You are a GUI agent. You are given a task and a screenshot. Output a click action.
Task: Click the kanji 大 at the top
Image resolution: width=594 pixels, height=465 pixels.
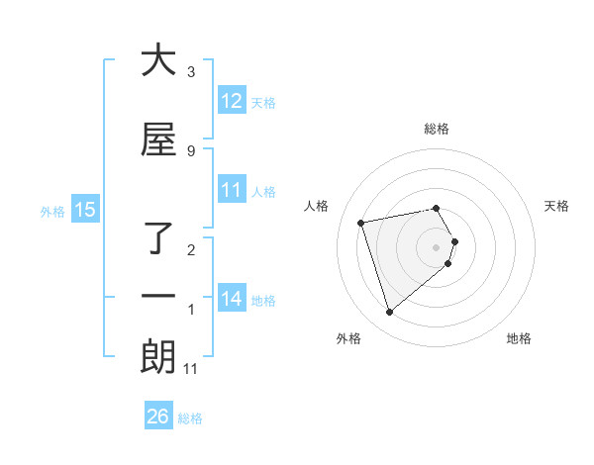(x=158, y=60)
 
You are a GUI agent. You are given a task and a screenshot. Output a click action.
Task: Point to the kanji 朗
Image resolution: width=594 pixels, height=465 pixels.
(x=158, y=356)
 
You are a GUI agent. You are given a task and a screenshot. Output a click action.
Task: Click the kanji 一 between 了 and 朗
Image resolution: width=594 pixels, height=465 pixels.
(x=158, y=297)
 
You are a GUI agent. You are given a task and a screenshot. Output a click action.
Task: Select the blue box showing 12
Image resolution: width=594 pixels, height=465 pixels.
(x=232, y=101)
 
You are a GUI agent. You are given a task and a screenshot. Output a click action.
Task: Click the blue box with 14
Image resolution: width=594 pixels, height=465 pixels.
(x=232, y=299)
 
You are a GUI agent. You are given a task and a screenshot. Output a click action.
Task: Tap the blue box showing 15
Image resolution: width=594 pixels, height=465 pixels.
(x=85, y=210)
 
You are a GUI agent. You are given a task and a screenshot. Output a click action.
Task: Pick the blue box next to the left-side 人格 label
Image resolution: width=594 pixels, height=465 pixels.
(x=232, y=190)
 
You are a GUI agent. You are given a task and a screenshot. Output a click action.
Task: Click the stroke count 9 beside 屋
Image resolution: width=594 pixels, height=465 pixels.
(x=191, y=150)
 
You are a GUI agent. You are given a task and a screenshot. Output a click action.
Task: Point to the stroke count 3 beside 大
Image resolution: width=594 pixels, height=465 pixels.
(x=191, y=72)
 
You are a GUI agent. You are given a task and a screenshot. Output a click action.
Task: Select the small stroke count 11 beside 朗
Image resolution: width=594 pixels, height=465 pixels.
(x=191, y=369)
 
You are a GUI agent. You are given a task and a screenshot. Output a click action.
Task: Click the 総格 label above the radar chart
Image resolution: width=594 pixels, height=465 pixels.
(x=437, y=129)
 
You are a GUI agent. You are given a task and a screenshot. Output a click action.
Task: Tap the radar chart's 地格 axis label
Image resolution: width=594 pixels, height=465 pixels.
(x=519, y=338)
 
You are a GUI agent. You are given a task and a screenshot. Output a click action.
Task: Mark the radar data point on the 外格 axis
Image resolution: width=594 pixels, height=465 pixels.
(x=389, y=313)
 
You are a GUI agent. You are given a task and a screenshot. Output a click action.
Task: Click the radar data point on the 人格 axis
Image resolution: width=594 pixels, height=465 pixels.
(x=361, y=222)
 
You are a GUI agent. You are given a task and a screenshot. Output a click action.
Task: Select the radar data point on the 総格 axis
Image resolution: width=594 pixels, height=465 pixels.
(x=437, y=208)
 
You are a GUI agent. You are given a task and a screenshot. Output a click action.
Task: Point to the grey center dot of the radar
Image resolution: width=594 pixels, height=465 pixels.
(x=437, y=246)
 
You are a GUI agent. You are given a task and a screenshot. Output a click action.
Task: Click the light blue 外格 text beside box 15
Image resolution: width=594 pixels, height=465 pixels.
(x=52, y=211)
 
